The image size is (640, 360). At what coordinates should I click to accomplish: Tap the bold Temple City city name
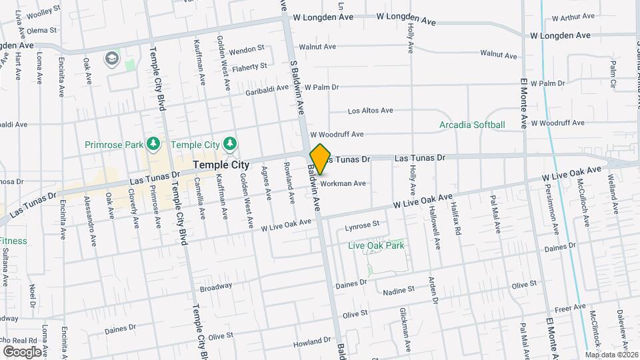point(221,165)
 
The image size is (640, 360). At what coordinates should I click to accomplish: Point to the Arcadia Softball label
point(472,125)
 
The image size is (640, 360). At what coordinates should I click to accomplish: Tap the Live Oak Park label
point(377,245)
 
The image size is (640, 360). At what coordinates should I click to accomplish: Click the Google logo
point(22,351)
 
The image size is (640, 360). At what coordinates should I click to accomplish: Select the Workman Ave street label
point(343,183)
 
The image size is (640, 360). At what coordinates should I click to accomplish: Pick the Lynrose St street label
point(362,226)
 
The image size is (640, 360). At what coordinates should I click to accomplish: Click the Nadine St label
point(398,290)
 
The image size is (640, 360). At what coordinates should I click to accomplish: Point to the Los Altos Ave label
point(371,110)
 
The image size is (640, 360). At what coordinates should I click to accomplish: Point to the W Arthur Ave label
point(571,15)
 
